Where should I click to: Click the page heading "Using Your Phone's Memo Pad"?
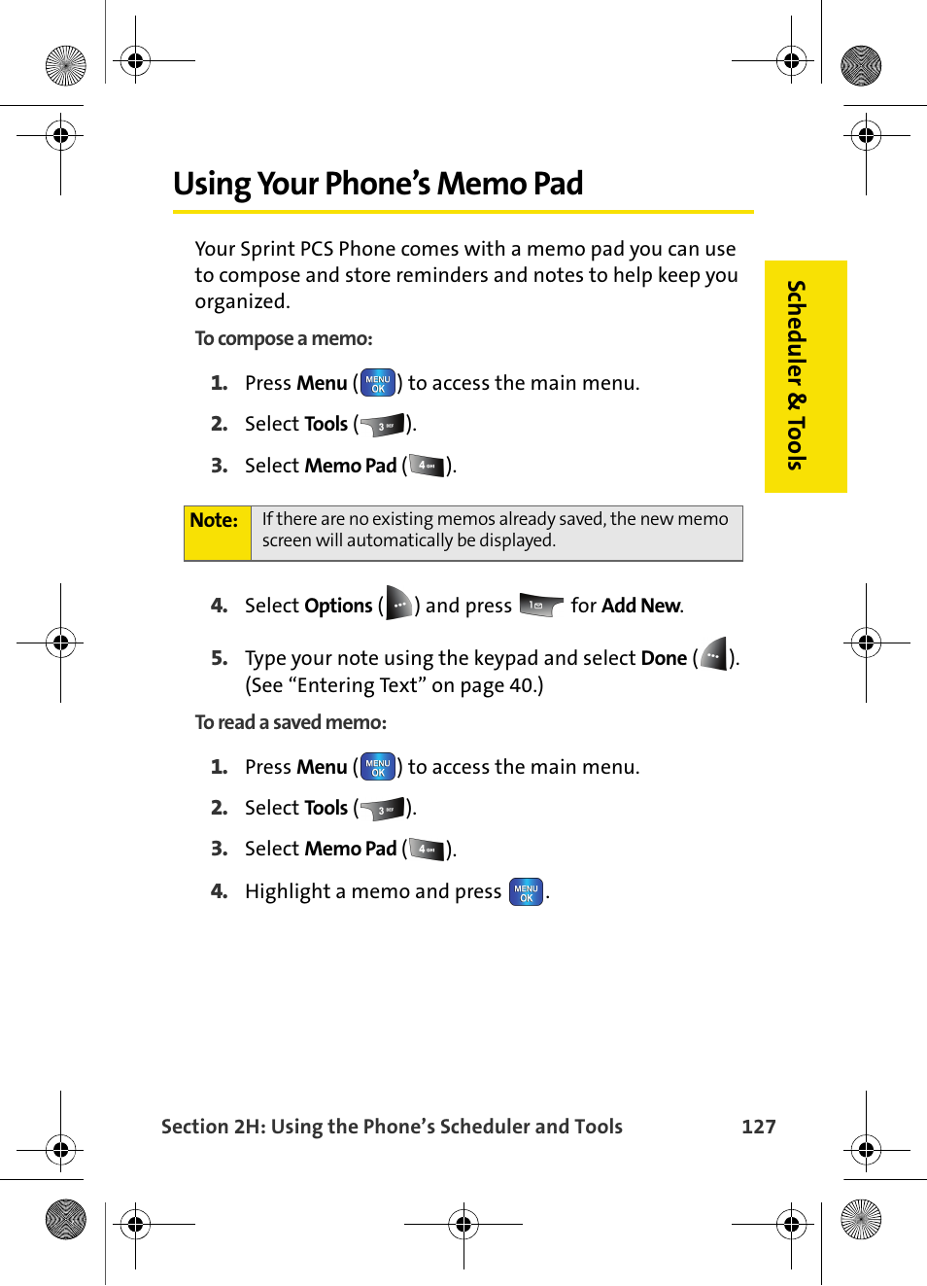click(x=378, y=184)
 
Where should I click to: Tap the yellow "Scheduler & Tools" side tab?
click(x=805, y=375)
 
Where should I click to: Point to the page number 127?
click(x=758, y=1126)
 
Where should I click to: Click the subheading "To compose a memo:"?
click(x=284, y=338)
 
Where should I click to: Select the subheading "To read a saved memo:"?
click(x=291, y=722)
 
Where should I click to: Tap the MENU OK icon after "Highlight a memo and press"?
click(x=526, y=891)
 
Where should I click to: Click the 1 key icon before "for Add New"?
click(x=540, y=606)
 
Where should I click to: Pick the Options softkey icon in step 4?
click(x=398, y=604)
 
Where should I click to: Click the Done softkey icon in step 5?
click(x=713, y=656)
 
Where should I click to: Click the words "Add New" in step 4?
click(x=640, y=606)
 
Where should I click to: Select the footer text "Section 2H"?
click(x=212, y=1126)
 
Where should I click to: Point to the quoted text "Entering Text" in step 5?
click(x=357, y=685)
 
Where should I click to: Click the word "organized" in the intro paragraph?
click(x=241, y=301)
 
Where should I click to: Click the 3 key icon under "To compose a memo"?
click(x=383, y=425)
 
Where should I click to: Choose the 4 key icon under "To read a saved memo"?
click(x=426, y=850)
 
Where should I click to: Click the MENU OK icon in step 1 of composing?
click(x=378, y=383)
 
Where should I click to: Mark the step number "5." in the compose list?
click(x=220, y=658)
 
